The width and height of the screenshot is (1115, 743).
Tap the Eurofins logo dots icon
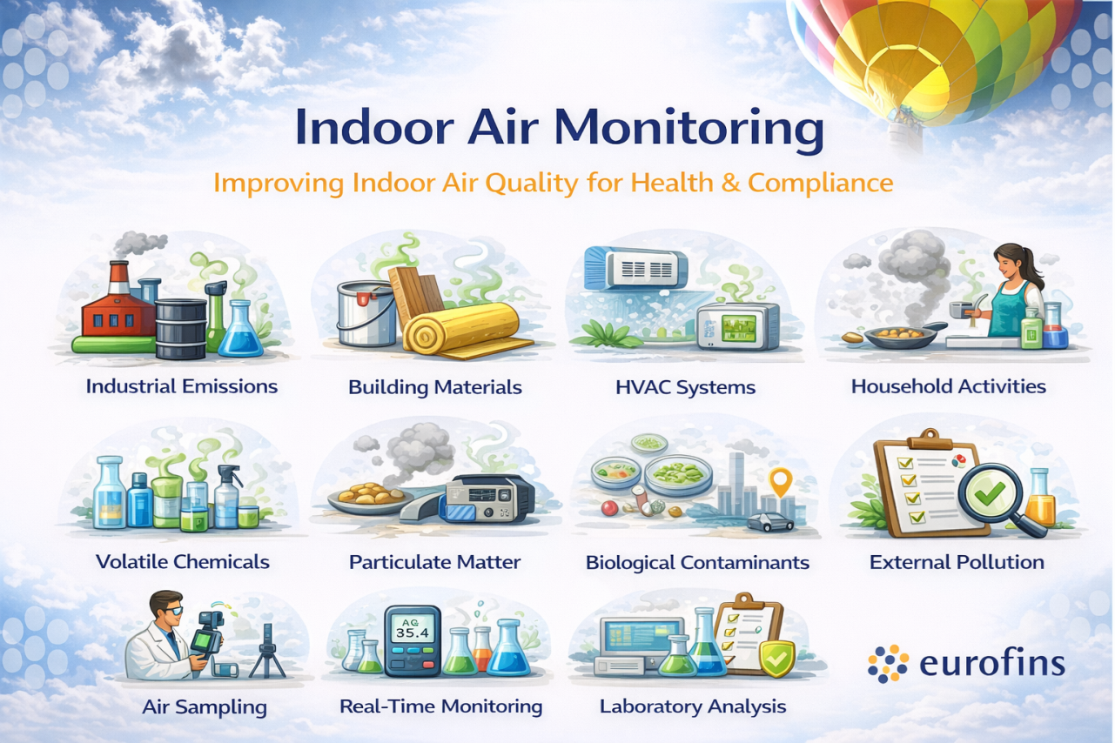coord(888,664)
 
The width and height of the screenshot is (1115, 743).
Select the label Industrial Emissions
coord(181,386)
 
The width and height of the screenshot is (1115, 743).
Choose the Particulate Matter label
coord(434,562)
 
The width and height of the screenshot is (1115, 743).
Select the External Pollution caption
coord(957,562)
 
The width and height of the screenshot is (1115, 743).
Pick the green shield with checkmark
coord(776,659)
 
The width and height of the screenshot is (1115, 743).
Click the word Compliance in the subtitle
coord(820,184)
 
